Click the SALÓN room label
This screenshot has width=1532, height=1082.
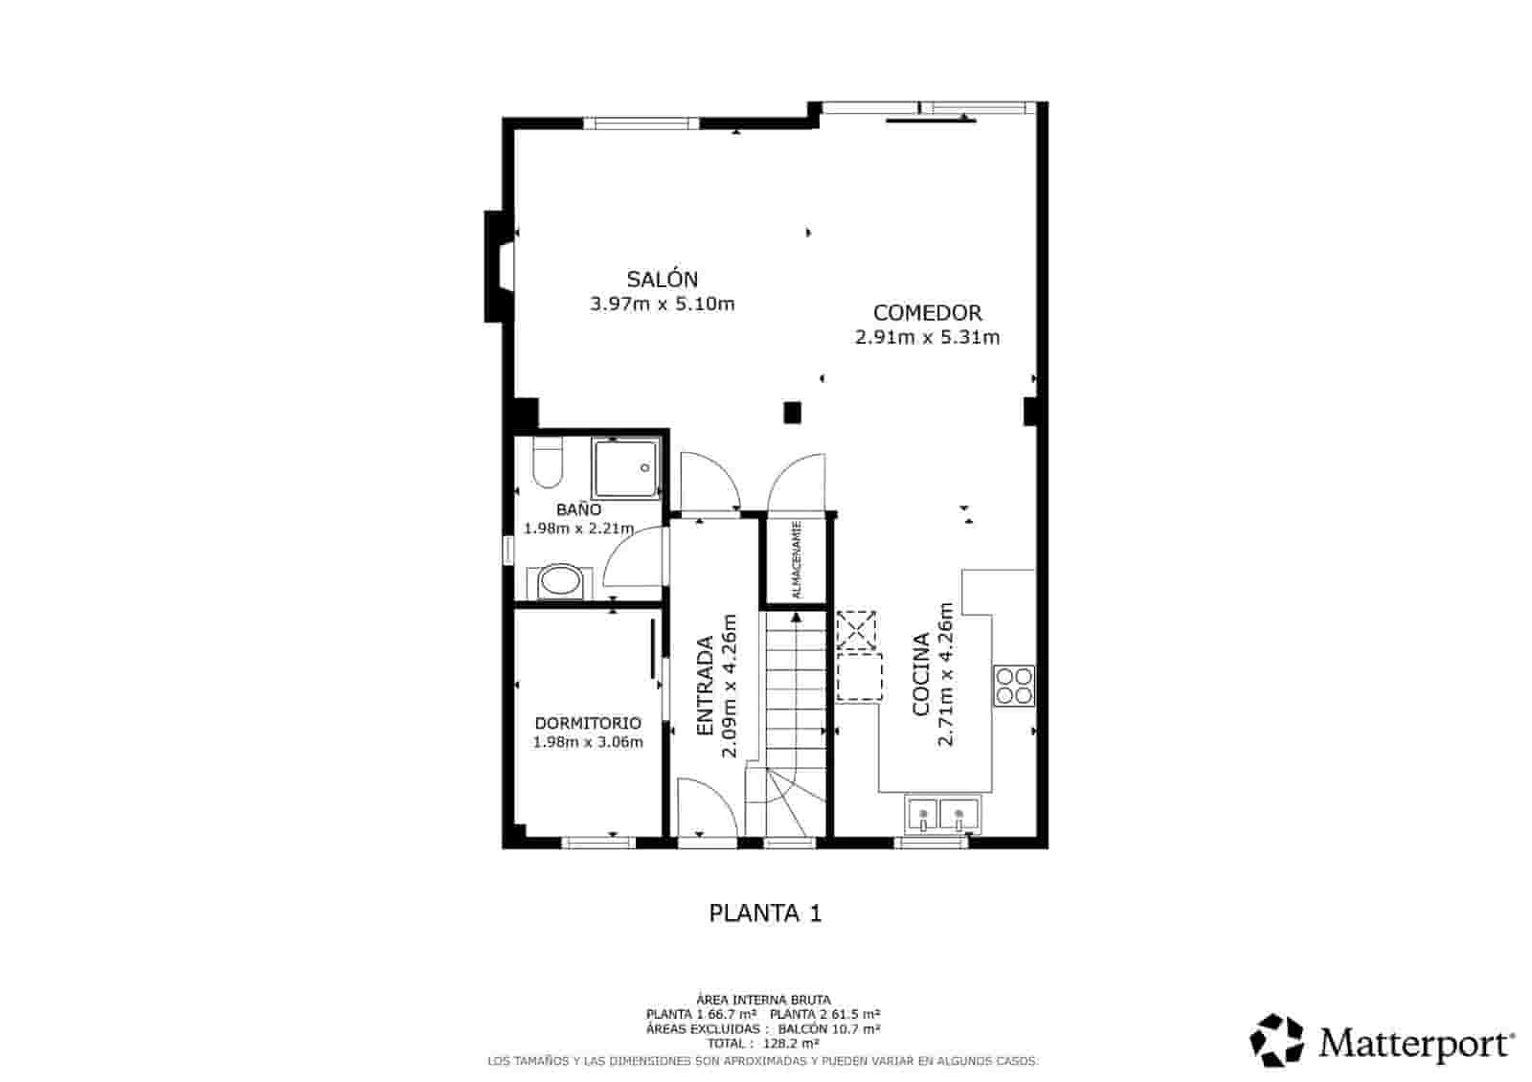pyautogui.click(x=662, y=280)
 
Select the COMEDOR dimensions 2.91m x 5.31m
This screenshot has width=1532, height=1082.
pyautogui.click(x=927, y=337)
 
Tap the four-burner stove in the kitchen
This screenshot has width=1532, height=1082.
pyautogui.click(x=1014, y=685)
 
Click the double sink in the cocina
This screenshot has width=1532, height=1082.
pyautogui.click(x=940, y=816)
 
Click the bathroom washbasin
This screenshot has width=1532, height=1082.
pyautogui.click(x=558, y=581)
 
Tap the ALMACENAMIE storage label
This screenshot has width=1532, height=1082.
pyautogui.click(x=796, y=560)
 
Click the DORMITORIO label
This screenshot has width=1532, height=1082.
pyautogui.click(x=588, y=724)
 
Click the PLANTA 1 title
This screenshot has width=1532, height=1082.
pyautogui.click(x=765, y=913)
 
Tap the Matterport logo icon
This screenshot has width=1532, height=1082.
pyautogui.click(x=1277, y=1041)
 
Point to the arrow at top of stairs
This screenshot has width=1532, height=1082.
pyautogui.click(x=796, y=618)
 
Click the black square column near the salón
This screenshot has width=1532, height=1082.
pyautogui.click(x=792, y=413)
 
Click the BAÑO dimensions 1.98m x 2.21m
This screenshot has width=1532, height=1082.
pyautogui.click(x=578, y=529)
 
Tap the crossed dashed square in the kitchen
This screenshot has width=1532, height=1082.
pyautogui.click(x=857, y=630)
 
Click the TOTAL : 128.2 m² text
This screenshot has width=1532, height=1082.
pyautogui.click(x=763, y=1043)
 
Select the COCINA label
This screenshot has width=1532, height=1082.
pyautogui.click(x=921, y=674)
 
